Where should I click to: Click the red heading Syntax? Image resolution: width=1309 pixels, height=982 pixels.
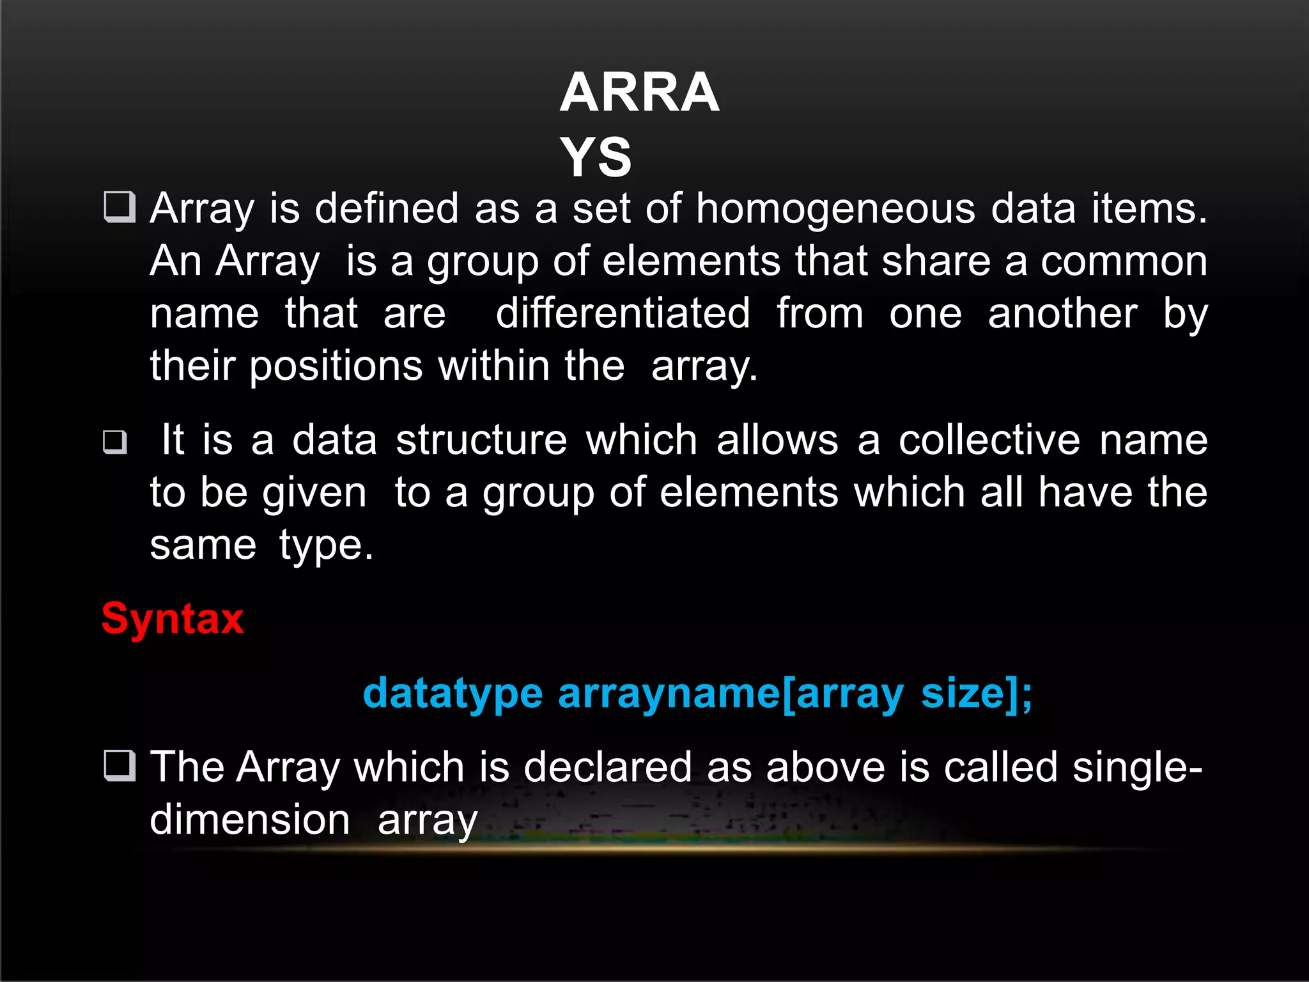(173, 619)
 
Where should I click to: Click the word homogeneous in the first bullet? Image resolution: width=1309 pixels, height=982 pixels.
(835, 208)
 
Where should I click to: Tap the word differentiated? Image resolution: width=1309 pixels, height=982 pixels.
(623, 313)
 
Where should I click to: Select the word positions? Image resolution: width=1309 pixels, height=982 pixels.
(336, 366)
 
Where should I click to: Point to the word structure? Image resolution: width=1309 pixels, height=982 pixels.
(481, 440)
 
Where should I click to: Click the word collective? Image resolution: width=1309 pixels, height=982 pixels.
(989, 440)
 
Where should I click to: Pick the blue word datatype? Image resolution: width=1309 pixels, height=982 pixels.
(453, 693)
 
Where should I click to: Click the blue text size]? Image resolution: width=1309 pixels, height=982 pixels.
(976, 693)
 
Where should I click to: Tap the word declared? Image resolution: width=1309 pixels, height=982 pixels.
(608, 767)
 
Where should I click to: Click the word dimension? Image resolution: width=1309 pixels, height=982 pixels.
(250, 820)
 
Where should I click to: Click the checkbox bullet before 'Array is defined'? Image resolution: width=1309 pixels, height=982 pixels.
(120, 207)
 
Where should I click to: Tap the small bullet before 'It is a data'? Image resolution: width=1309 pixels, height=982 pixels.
(115, 441)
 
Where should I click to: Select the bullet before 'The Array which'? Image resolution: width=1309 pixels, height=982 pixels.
(120, 765)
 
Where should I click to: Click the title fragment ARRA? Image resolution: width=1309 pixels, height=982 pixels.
(639, 93)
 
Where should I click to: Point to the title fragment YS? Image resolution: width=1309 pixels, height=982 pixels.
(596, 157)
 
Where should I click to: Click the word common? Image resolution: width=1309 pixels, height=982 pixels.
(1124, 261)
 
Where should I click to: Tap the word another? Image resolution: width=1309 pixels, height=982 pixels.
(1062, 313)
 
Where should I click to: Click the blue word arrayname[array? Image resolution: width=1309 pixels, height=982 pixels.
(731, 693)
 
